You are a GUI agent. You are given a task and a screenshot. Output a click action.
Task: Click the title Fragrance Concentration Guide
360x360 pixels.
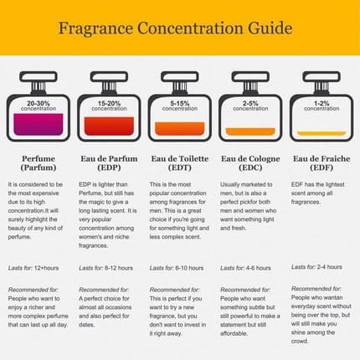175,27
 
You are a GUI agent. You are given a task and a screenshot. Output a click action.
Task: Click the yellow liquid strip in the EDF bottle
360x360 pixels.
321,134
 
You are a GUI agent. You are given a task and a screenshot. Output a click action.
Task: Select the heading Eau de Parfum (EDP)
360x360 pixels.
109,162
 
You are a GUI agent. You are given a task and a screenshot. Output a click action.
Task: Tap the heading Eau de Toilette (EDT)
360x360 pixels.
179,162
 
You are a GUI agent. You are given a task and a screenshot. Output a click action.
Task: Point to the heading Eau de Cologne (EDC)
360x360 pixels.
249,162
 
